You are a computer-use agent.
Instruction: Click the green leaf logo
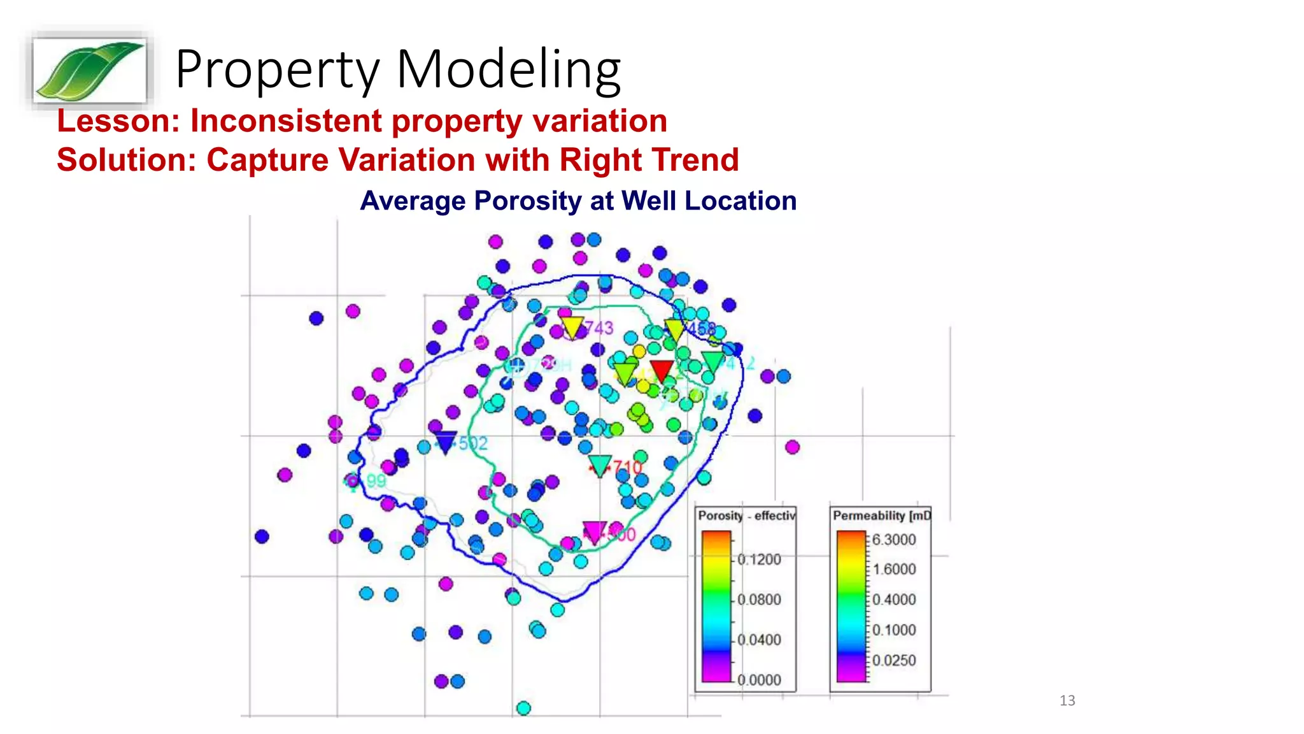[x=89, y=70]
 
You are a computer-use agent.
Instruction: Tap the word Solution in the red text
[x=127, y=160]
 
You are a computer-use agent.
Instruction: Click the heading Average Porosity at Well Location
[x=578, y=201]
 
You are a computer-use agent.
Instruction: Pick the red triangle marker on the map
[x=662, y=370]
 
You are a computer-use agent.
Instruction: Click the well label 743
[x=599, y=327]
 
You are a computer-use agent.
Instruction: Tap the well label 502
[x=472, y=443]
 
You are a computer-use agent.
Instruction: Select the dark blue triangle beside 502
[x=446, y=441]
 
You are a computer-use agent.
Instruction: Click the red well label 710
[x=628, y=468]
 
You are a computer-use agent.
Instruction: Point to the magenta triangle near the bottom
[x=594, y=531]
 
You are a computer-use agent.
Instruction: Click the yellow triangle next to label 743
[x=572, y=327]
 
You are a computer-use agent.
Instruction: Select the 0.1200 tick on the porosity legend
[x=759, y=559]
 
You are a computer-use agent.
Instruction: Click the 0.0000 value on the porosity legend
[x=759, y=680]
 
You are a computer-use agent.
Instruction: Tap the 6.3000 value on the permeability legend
[x=894, y=540]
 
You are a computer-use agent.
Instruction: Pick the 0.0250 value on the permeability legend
[x=894, y=660]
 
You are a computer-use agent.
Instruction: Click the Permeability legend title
[x=881, y=515]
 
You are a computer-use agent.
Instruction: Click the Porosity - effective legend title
[x=746, y=515]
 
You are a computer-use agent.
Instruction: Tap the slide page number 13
[x=1067, y=700]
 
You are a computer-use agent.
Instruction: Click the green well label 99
[x=376, y=480]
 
